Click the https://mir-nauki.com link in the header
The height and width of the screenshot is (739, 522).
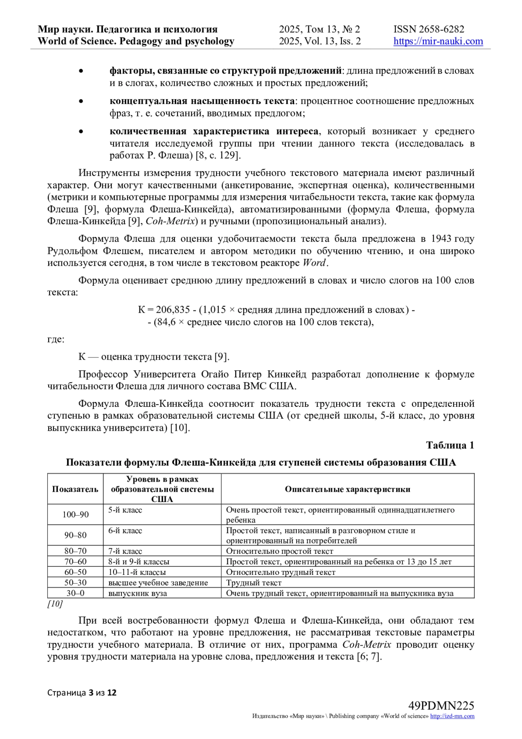point(438,41)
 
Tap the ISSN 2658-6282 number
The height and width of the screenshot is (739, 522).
point(429,29)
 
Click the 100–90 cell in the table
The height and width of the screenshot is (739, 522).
point(75,514)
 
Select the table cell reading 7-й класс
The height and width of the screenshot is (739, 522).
point(125,551)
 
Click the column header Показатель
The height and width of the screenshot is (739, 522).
point(75,489)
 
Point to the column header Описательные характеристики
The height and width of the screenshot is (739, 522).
point(347,489)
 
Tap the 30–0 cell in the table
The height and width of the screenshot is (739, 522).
point(75,593)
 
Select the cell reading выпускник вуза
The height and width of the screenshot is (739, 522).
point(137,593)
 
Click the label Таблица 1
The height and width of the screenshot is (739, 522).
point(450,445)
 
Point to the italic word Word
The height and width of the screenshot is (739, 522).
point(314,263)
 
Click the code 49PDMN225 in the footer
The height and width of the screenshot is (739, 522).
point(441,706)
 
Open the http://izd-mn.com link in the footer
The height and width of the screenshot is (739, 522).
point(452,716)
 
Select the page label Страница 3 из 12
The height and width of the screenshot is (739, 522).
point(82,692)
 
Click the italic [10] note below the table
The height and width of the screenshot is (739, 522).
point(55,604)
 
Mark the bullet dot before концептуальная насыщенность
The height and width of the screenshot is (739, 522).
point(80,101)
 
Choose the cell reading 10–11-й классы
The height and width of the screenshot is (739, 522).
point(137,572)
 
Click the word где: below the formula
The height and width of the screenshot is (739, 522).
point(56,339)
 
